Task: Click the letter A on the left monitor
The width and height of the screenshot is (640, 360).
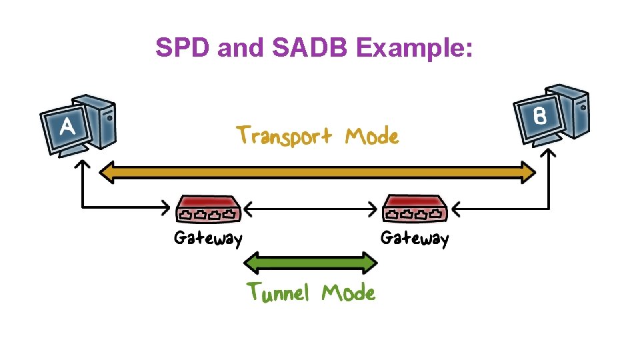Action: pyautogui.click(x=67, y=127)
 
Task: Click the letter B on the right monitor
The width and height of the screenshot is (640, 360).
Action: pyautogui.click(x=540, y=116)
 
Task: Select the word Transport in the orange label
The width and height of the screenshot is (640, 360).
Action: pyautogui.click(x=284, y=136)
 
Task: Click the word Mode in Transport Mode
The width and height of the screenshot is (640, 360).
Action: pyautogui.click(x=371, y=137)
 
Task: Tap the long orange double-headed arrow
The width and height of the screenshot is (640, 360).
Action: pyautogui.click(x=317, y=173)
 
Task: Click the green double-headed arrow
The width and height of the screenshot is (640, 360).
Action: pyautogui.click(x=311, y=263)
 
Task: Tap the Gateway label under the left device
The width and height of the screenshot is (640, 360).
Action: pyautogui.click(x=207, y=238)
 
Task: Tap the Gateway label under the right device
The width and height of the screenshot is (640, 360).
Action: pyautogui.click(x=415, y=238)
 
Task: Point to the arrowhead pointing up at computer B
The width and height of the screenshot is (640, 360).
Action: pyautogui.click(x=547, y=154)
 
